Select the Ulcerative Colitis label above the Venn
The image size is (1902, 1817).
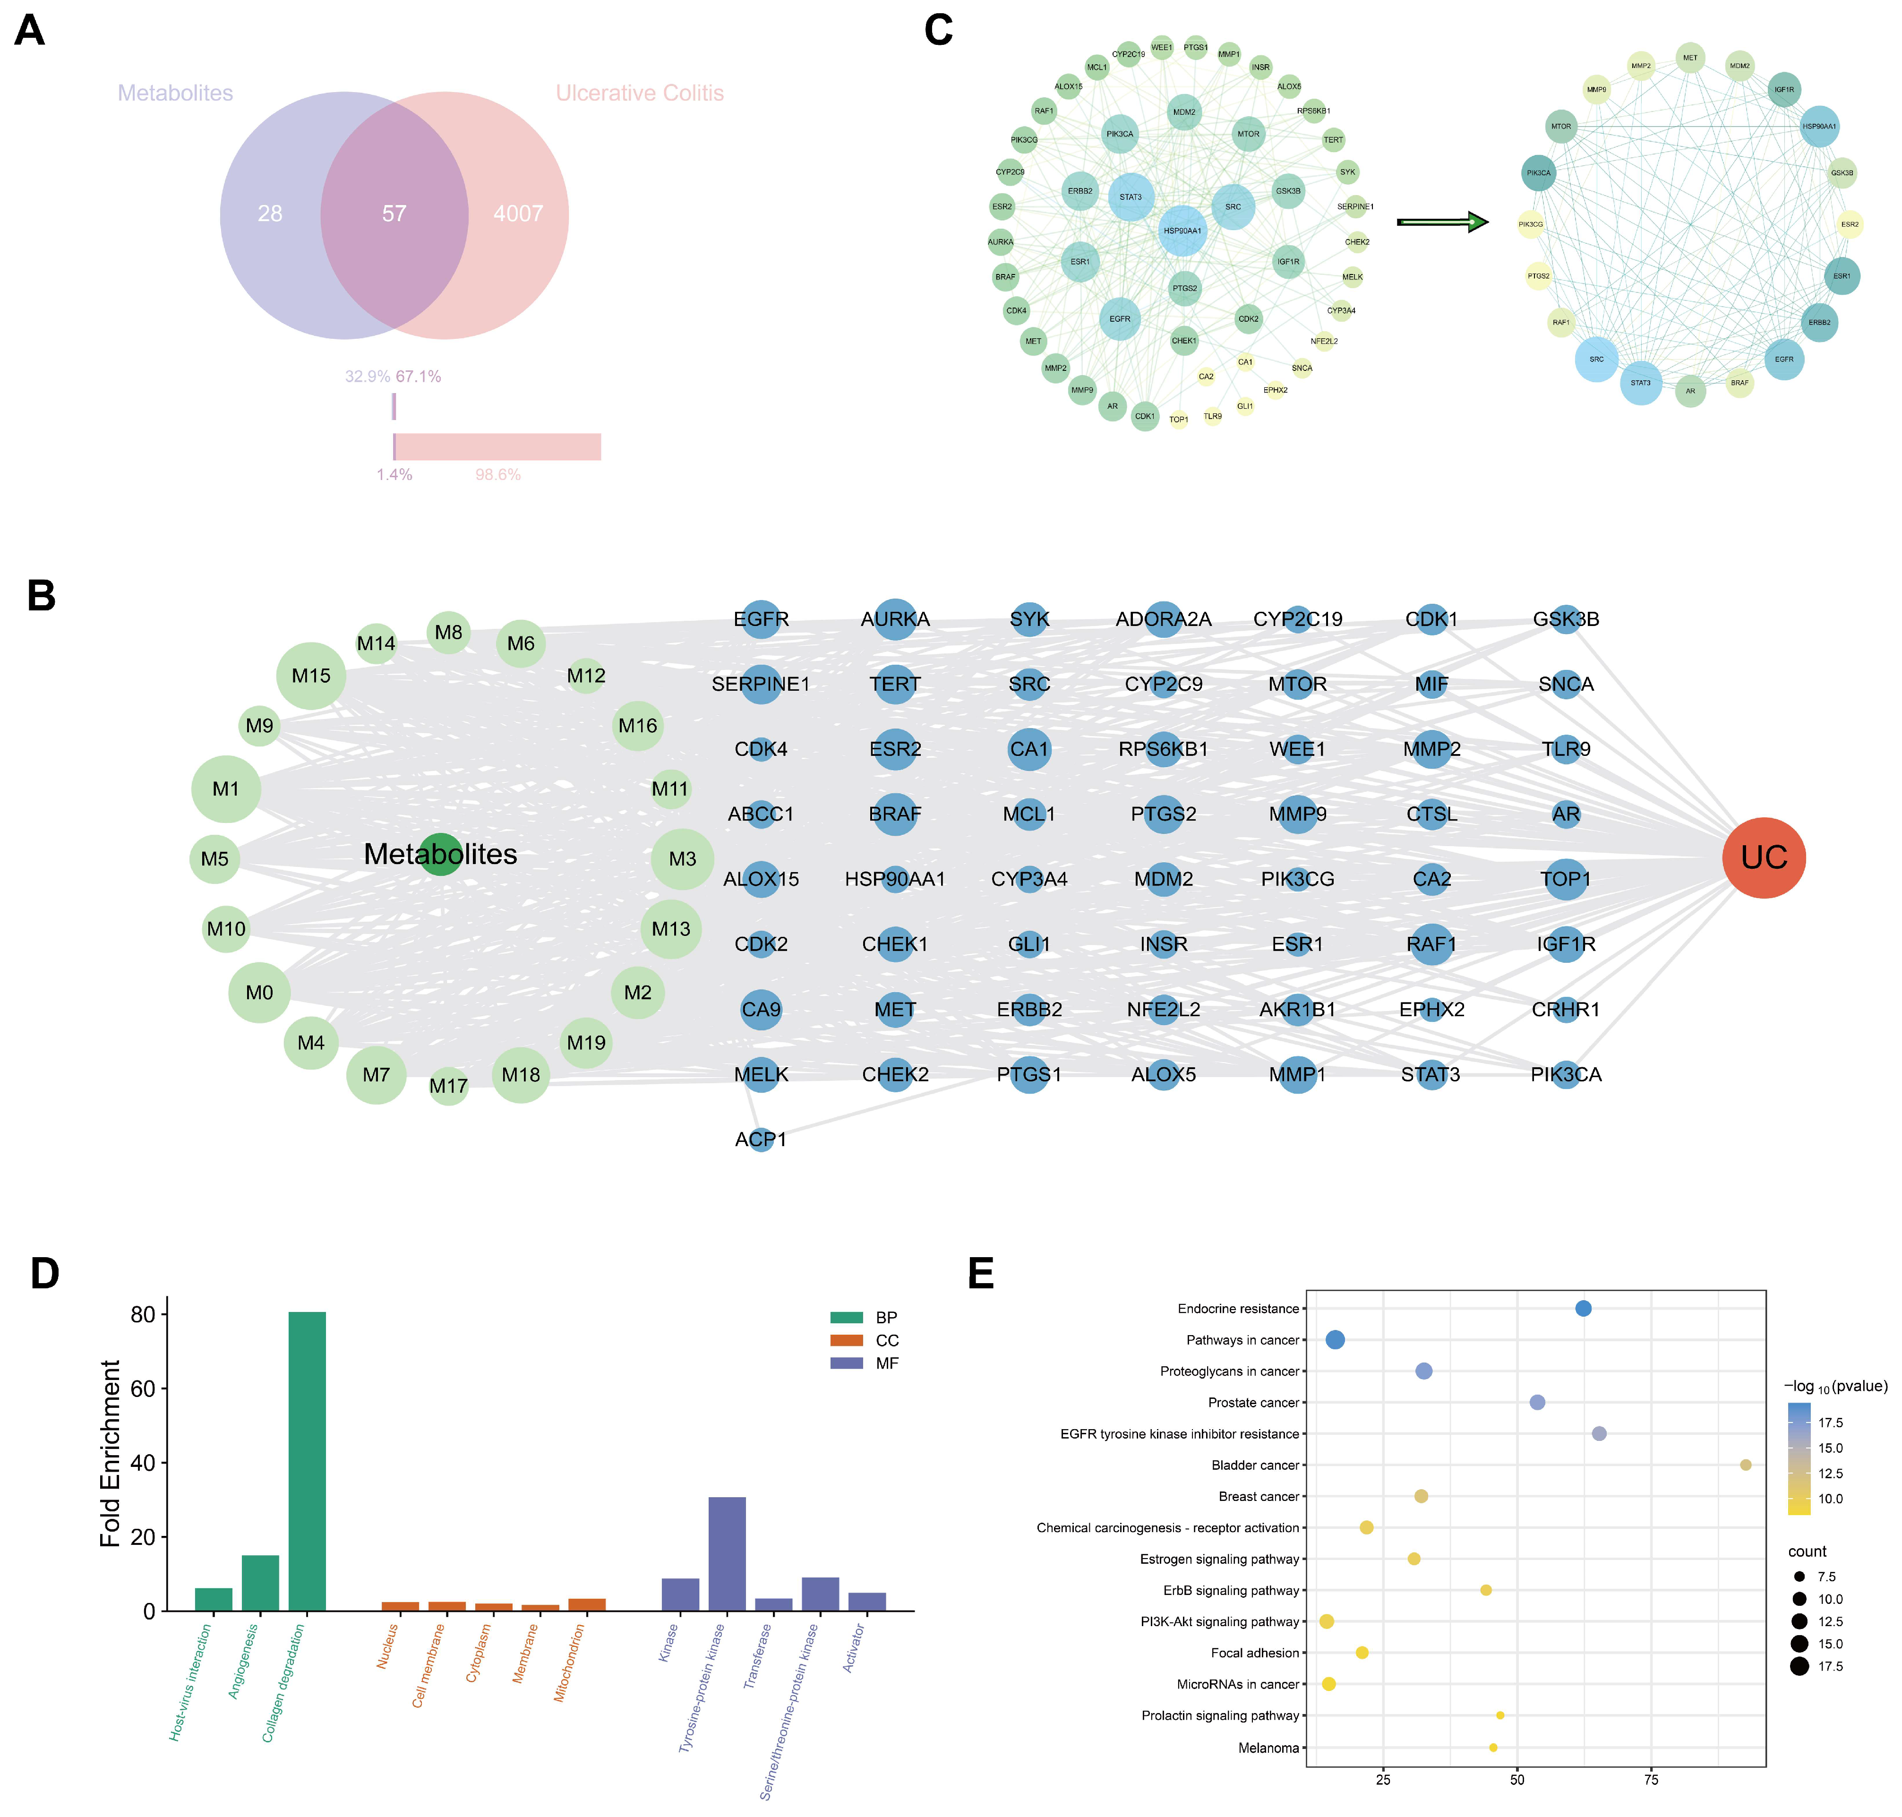[x=639, y=93]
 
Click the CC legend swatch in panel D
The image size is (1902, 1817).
[x=846, y=1340]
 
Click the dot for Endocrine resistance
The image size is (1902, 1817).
[x=1583, y=1309]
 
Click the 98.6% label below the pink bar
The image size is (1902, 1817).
[x=498, y=475]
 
